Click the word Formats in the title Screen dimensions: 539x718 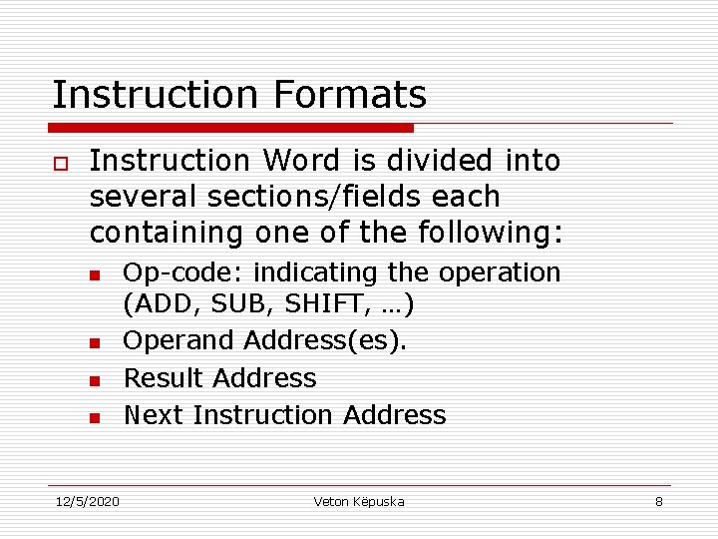(x=349, y=95)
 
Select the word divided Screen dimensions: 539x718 (x=444, y=161)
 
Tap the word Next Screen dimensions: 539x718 (x=154, y=415)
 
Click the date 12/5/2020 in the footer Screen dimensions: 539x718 (x=86, y=501)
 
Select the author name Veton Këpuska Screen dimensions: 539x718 (x=359, y=501)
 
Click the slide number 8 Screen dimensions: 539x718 (x=658, y=501)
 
